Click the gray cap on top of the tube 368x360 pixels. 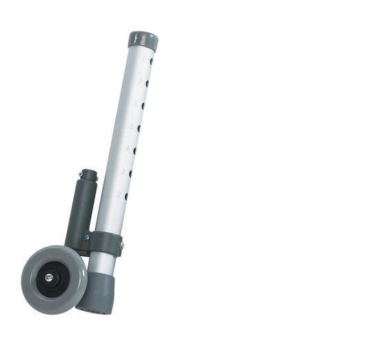point(143,39)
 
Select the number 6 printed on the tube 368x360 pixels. point(137,104)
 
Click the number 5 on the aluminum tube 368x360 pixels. point(132,126)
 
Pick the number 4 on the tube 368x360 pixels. point(128,149)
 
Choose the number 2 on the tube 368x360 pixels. point(119,194)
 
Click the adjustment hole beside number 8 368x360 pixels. point(151,61)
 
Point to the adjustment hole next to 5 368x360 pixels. point(139,128)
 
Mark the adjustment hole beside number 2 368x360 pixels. point(126,196)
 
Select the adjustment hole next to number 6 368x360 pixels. point(143,106)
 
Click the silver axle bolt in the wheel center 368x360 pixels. point(49,278)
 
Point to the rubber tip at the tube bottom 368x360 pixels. point(95,294)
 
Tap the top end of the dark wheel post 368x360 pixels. point(88,173)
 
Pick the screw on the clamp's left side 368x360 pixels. point(86,237)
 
